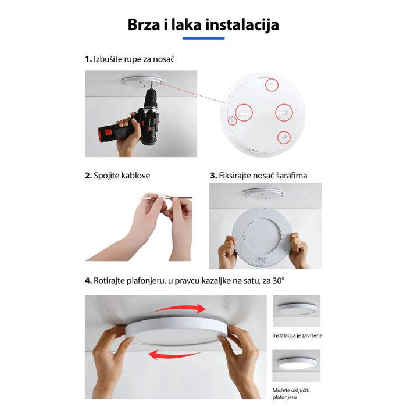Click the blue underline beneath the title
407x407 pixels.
pyautogui.click(x=203, y=38)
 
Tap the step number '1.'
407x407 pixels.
pyautogui.click(x=88, y=59)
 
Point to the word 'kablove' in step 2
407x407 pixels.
pyautogui.click(x=142, y=175)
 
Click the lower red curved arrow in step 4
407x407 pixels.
pyautogui.click(x=174, y=354)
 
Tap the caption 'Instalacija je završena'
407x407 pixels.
pyautogui.click(x=297, y=335)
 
